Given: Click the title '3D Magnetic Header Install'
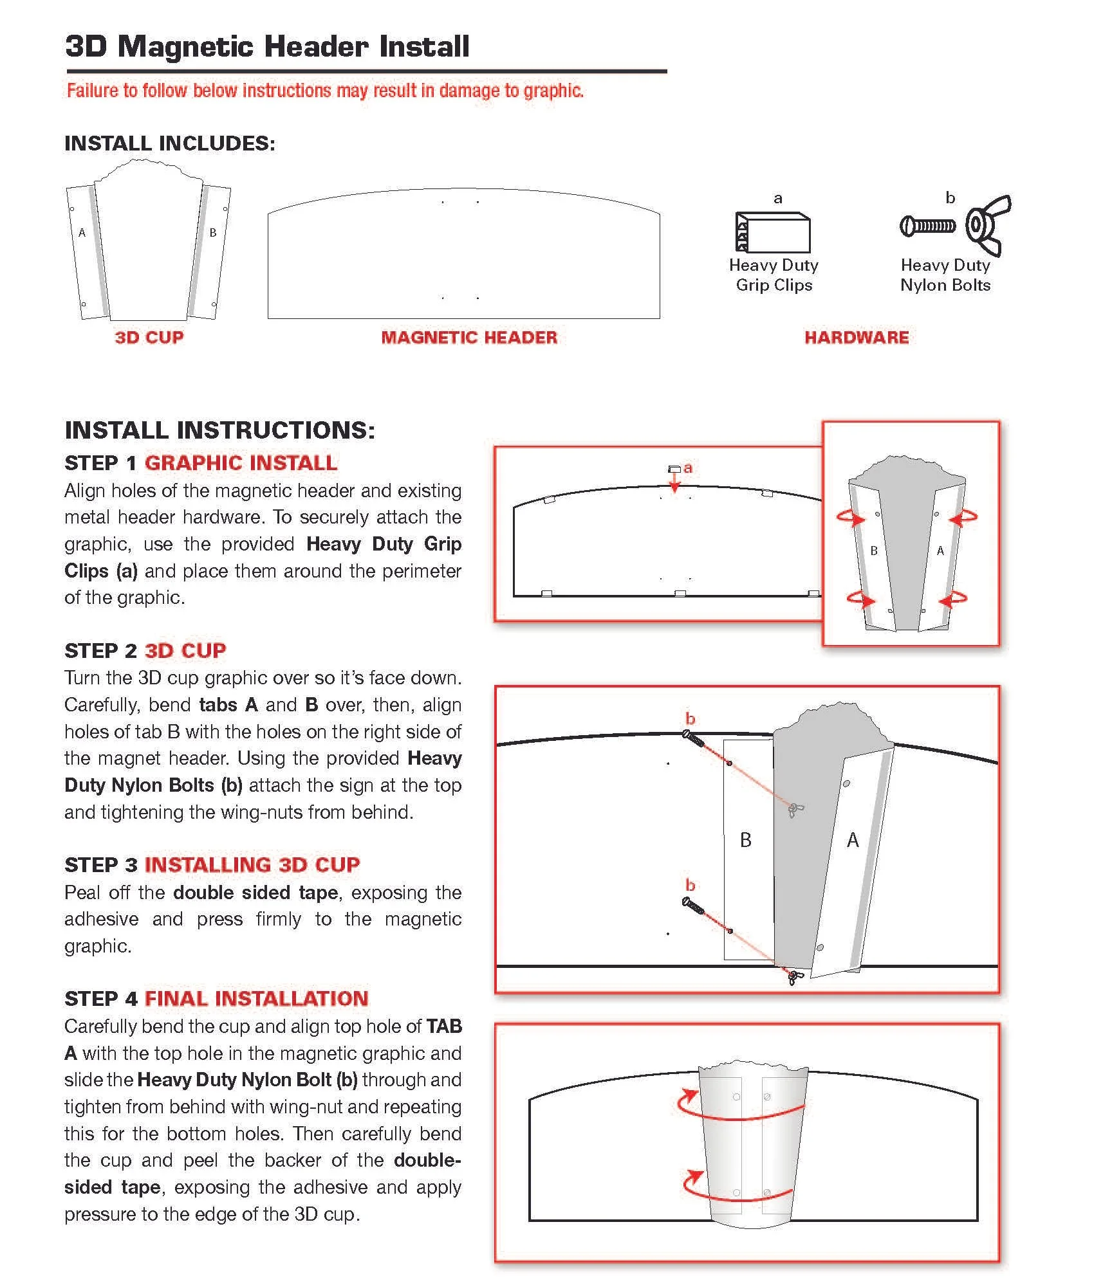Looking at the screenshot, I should (x=267, y=46).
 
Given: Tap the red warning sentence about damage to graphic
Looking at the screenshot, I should (x=325, y=91).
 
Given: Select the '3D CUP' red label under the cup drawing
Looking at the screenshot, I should (x=149, y=337).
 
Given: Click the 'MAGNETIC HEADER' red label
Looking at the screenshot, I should (x=469, y=337).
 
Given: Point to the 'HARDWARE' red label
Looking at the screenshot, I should (x=857, y=337).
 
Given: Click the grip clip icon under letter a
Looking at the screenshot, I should (x=773, y=232).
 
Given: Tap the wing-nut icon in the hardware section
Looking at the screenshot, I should (x=988, y=226).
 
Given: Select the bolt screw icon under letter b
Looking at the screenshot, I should (x=927, y=226).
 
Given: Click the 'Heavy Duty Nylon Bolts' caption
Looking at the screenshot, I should (x=945, y=275).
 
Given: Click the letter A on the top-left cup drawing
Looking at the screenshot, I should (x=82, y=233).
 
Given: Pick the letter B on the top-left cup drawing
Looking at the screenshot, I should (x=213, y=233).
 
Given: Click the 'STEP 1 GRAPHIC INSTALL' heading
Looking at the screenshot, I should (x=201, y=462).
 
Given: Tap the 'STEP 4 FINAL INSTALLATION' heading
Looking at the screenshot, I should (x=216, y=998).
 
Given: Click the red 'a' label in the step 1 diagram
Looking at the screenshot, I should (x=688, y=468).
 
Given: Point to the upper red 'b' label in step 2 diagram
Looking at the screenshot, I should (x=690, y=718).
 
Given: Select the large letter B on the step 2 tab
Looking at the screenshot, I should (x=746, y=840).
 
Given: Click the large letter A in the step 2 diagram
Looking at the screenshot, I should (x=853, y=840).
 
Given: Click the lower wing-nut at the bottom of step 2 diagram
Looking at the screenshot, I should (x=795, y=977).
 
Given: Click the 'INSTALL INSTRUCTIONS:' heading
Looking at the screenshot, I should (x=219, y=430).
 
